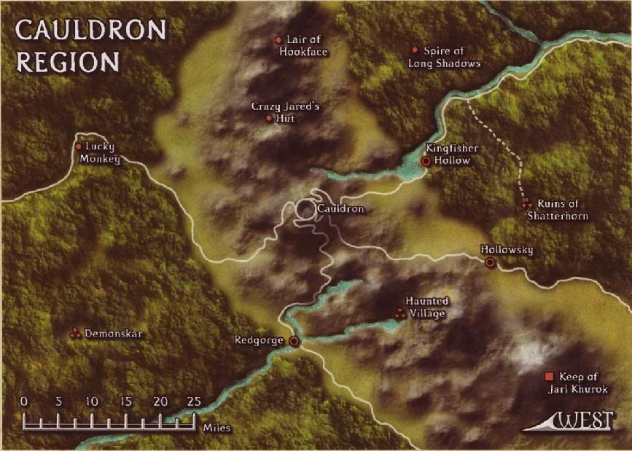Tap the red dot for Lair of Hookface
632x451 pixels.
coord(278,39)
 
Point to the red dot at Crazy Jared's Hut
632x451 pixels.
coord(269,118)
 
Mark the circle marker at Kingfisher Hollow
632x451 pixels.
coord(426,161)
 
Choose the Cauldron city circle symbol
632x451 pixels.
coord(305,210)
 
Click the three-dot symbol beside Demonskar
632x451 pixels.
coord(74,334)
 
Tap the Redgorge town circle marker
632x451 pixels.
coord(294,341)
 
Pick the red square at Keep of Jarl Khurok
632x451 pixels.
coord(549,377)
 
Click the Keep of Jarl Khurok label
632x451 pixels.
coord(583,383)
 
